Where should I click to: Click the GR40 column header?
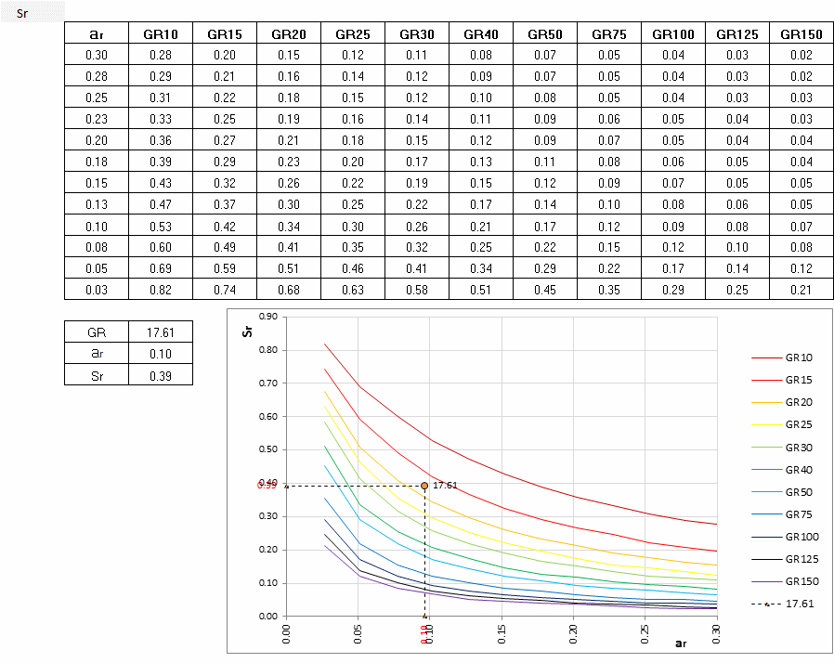point(481,34)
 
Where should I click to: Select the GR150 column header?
point(801,34)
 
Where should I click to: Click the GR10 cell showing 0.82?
point(161,290)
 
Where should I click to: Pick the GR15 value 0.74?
point(225,290)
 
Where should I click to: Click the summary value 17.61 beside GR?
point(161,331)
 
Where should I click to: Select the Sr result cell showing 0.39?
point(161,375)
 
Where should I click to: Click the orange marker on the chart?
point(424,486)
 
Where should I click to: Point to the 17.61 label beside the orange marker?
point(445,486)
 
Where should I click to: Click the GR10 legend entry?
point(799,357)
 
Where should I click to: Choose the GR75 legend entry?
point(799,514)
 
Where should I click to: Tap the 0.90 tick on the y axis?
point(268,317)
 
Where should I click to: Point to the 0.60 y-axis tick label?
point(268,416)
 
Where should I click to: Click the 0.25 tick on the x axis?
point(645,632)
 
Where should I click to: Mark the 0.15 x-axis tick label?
point(502,632)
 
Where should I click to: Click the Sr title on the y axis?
point(248,330)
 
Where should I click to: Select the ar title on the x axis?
point(681,643)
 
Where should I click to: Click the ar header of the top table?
point(97,34)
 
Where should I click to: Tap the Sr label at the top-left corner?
point(22,13)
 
